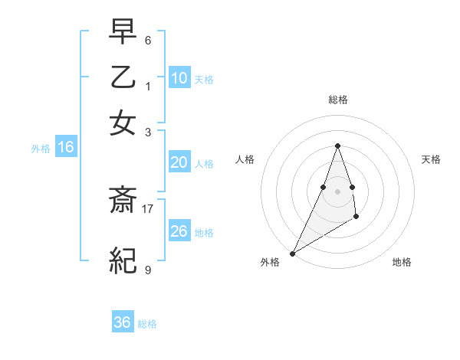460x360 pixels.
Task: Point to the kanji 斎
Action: pyautogui.click(x=123, y=201)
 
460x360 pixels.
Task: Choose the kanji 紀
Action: pyautogui.click(x=123, y=262)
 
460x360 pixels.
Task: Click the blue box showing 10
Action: pyautogui.click(x=179, y=77)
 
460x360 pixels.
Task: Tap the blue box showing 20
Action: pyautogui.click(x=179, y=162)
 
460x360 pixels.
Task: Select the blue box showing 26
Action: pyautogui.click(x=179, y=231)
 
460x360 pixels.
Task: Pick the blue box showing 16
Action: pyautogui.click(x=66, y=148)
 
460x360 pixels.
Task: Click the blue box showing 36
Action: pyautogui.click(x=123, y=322)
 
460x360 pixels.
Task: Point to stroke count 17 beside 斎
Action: pyautogui.click(x=148, y=208)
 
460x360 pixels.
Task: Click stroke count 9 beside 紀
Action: pyautogui.click(x=148, y=270)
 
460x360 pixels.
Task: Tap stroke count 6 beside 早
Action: pyautogui.click(x=148, y=39)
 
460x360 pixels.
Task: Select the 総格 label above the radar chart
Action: pyautogui.click(x=338, y=100)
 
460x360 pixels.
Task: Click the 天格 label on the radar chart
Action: pyautogui.click(x=431, y=159)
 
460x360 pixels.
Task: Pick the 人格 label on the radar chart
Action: pyautogui.click(x=245, y=159)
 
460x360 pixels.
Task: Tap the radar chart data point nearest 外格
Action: pyautogui.click(x=292, y=253)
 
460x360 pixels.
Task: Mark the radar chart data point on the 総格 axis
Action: pyautogui.click(x=338, y=146)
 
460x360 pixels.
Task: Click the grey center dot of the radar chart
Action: pyautogui.click(x=338, y=191)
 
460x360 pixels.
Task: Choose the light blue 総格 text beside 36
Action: pyautogui.click(x=147, y=324)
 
